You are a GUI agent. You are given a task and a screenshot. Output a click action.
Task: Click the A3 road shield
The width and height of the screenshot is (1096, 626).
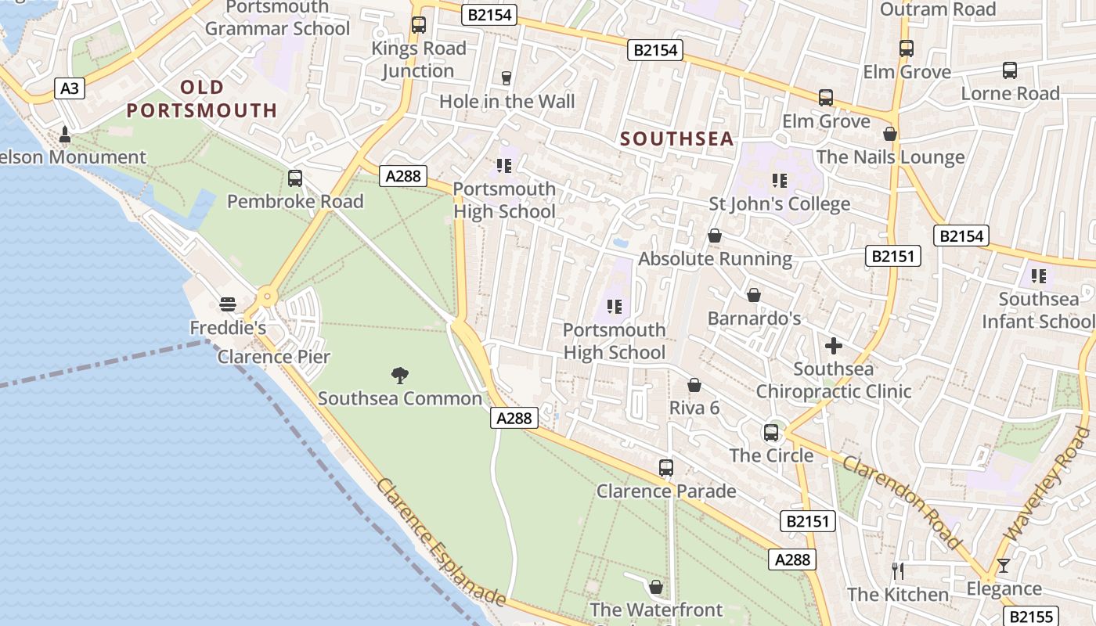point(70,88)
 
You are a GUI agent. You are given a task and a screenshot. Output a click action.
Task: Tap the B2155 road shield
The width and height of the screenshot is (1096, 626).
point(1029,616)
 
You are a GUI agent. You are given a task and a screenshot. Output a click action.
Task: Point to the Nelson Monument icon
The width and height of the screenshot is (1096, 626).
point(65,135)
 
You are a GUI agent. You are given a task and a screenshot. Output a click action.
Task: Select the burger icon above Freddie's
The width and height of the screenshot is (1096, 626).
point(228,304)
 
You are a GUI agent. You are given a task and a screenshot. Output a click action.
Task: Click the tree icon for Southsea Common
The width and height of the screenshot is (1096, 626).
point(400,376)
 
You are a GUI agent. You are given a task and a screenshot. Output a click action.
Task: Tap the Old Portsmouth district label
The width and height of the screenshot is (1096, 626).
point(202,99)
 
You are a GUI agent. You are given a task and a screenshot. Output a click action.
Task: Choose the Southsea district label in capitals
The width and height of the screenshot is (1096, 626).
point(677,139)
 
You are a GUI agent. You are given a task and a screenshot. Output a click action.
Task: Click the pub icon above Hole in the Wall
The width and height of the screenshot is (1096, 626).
point(506,77)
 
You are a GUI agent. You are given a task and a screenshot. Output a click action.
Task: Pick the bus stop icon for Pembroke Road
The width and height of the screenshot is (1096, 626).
point(295,178)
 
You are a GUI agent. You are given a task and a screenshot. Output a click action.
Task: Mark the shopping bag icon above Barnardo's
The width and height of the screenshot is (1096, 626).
point(754,295)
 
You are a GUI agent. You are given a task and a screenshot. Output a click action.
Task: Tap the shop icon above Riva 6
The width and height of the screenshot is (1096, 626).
point(694,385)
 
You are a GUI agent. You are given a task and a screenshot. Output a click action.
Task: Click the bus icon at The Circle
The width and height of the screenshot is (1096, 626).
point(771,432)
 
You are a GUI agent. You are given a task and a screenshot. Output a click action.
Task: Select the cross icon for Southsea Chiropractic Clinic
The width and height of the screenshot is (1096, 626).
point(834,345)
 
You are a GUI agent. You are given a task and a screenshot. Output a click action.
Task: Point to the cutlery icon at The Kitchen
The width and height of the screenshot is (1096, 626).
point(898,571)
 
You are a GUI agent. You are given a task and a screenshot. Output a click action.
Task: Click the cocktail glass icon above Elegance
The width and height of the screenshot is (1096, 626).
point(1004,566)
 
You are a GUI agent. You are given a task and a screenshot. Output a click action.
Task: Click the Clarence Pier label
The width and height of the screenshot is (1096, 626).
point(273,357)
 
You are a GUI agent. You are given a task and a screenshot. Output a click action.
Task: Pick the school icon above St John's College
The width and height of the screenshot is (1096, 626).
point(779,181)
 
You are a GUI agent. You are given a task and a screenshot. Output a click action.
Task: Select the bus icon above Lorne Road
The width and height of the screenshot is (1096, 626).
point(1010,70)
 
